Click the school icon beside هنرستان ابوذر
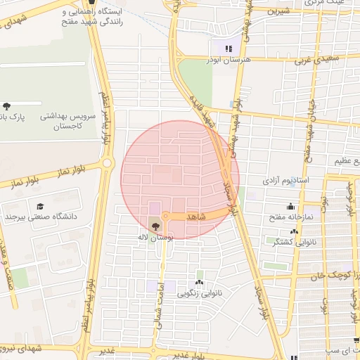click(x=228, y=48)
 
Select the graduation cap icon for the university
click(x=41, y=206)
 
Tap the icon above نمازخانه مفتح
click(x=291, y=207)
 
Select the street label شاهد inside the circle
click(x=196, y=217)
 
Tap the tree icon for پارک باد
click(x=6, y=106)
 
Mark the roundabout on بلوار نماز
click(x=107, y=163)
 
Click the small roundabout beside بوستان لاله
click(x=166, y=216)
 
